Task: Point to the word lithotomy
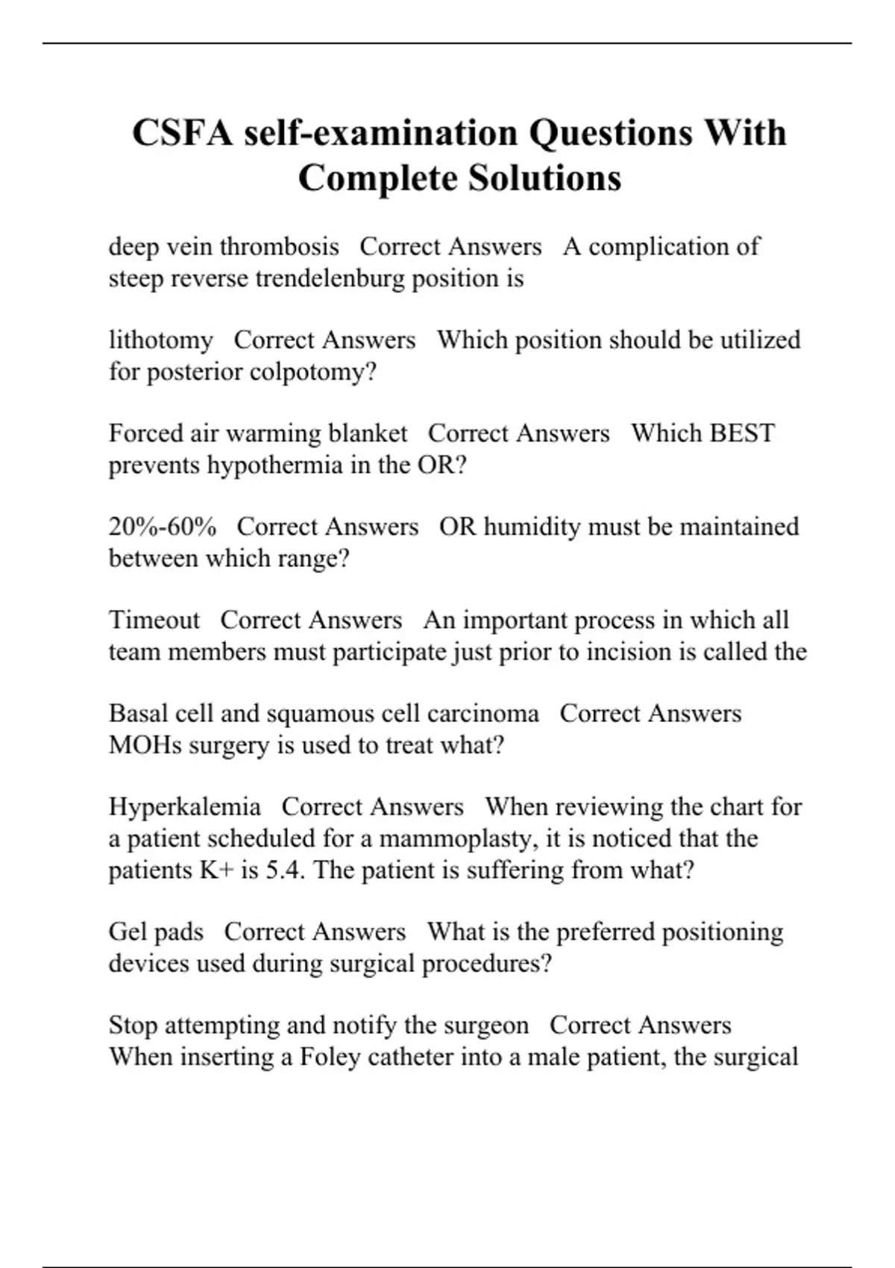tap(161, 340)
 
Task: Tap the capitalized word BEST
tap(740, 433)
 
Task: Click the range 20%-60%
tap(163, 527)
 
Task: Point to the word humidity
tap(533, 527)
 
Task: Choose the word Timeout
tap(154, 620)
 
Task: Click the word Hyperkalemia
tap(185, 807)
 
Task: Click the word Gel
tap(125, 932)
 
